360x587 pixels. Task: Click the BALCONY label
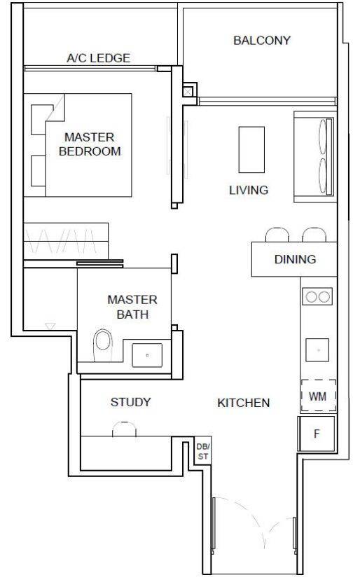coord(261,41)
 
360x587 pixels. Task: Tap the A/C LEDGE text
coord(99,58)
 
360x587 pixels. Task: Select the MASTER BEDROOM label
coord(90,144)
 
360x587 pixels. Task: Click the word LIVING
coord(249,190)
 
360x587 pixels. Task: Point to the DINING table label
coord(295,259)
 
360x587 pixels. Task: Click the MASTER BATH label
coord(132,307)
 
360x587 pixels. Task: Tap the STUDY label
coord(130,402)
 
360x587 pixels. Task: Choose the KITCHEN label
coord(243,403)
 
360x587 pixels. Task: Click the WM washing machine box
coord(318,396)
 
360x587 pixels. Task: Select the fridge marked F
coord(317,434)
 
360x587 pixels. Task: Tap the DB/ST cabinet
coord(203,451)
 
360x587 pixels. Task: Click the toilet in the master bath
coord(103,345)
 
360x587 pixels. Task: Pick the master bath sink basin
coord(147,355)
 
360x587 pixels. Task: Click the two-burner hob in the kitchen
coord(317,296)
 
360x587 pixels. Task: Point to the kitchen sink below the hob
coord(317,350)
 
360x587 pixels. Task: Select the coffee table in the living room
coord(251,150)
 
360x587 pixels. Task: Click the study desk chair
coord(124,429)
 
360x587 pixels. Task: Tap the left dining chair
coord(277,235)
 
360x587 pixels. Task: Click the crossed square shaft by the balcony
coord(187,92)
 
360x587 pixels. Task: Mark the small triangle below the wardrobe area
coord(50,326)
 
